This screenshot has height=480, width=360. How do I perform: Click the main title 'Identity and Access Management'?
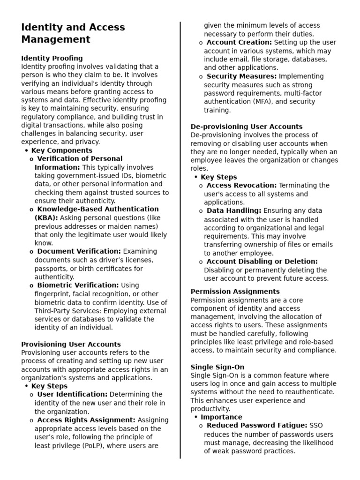[x=73, y=33]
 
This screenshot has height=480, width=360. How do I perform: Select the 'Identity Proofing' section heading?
[x=52, y=58]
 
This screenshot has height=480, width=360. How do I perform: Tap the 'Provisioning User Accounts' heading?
[x=71, y=344]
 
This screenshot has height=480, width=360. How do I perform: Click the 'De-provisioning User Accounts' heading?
[x=247, y=127]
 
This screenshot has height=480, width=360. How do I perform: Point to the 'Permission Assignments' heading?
[x=235, y=292]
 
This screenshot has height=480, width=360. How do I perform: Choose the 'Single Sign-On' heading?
[x=217, y=367]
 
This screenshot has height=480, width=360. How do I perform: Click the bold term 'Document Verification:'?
[x=79, y=251]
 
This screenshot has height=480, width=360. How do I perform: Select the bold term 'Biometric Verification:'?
[x=78, y=285]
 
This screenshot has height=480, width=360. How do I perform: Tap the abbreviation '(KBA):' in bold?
[x=46, y=217]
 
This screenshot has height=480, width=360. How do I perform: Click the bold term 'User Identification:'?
[x=72, y=394]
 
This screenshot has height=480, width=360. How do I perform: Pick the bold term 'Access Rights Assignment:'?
[x=86, y=420]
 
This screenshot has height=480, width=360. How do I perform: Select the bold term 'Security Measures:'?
[x=241, y=76]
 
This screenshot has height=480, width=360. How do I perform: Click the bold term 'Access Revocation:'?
[x=241, y=186]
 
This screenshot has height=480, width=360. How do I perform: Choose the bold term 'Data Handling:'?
[x=234, y=211]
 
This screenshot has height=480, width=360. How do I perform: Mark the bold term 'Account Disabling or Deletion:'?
[x=262, y=262]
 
